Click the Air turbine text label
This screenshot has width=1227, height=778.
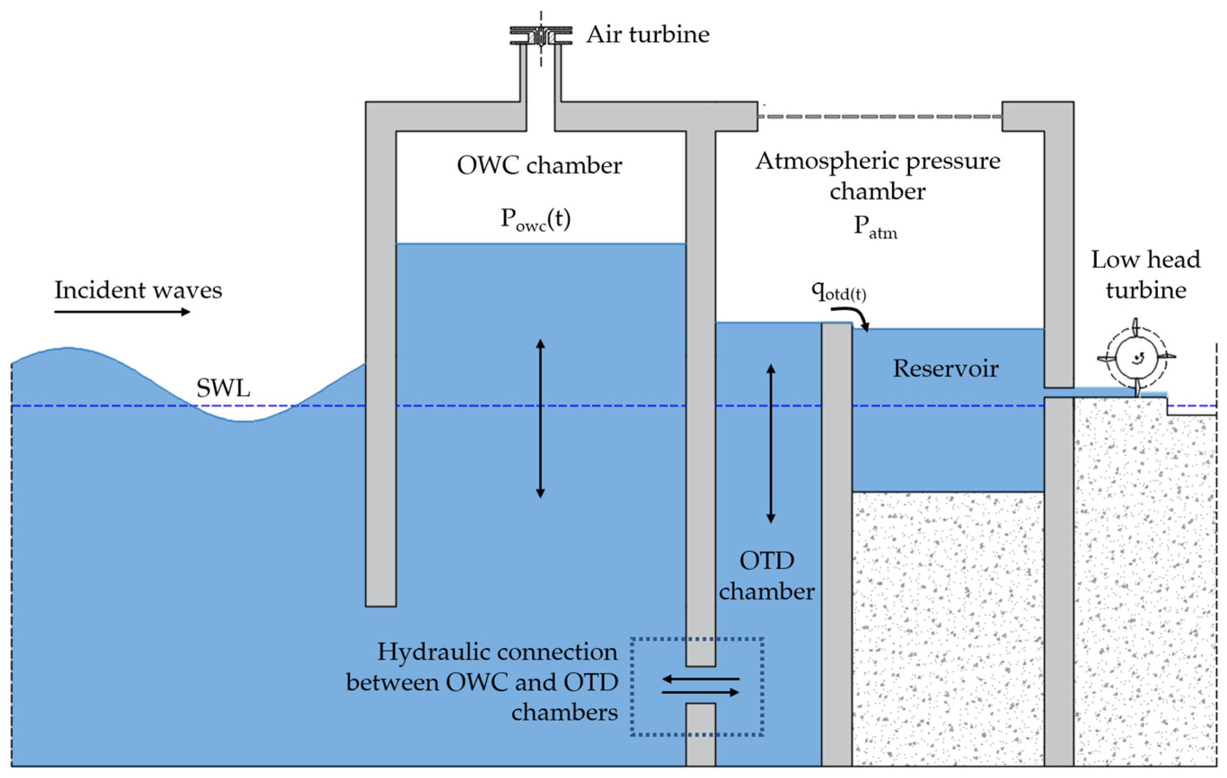(647, 35)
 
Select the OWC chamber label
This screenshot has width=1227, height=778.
(539, 165)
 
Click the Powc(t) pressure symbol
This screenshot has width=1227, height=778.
(535, 219)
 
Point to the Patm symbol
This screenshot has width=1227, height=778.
(875, 226)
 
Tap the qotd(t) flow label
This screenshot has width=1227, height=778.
(838, 291)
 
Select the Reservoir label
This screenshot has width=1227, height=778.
(945, 368)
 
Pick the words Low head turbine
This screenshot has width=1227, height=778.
(1145, 274)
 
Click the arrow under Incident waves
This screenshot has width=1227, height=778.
(122, 311)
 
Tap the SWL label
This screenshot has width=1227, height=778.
(223, 389)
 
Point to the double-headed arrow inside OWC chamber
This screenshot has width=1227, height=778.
(540, 418)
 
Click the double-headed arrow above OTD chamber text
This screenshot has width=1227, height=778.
(770, 443)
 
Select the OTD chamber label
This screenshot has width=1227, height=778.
(766, 576)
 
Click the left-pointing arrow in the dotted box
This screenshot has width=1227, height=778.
(701, 679)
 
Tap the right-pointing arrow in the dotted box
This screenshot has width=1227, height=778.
(701, 692)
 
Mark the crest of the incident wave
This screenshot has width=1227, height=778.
(67, 349)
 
